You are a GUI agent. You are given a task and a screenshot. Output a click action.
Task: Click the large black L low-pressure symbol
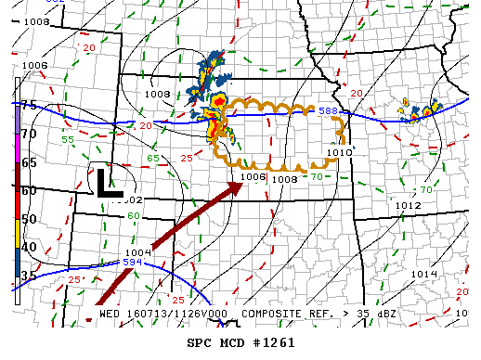(105, 182)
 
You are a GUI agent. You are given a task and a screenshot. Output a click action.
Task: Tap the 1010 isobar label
(340, 150)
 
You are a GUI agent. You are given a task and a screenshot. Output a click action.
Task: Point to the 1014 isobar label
(424, 274)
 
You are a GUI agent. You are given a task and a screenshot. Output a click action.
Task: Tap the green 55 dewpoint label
(68, 139)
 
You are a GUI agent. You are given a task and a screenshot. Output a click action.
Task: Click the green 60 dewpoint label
(134, 215)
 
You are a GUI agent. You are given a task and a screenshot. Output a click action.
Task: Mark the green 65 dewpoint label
(151, 158)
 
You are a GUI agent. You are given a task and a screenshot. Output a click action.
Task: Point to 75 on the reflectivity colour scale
(29, 105)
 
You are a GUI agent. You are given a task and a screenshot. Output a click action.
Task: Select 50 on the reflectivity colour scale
(29, 219)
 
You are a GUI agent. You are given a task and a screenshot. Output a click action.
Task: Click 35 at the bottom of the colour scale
(29, 276)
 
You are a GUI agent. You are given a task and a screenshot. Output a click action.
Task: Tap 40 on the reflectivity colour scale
(29, 247)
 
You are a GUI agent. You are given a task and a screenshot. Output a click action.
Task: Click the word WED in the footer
(110, 314)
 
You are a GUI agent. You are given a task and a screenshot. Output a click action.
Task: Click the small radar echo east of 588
(422, 111)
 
